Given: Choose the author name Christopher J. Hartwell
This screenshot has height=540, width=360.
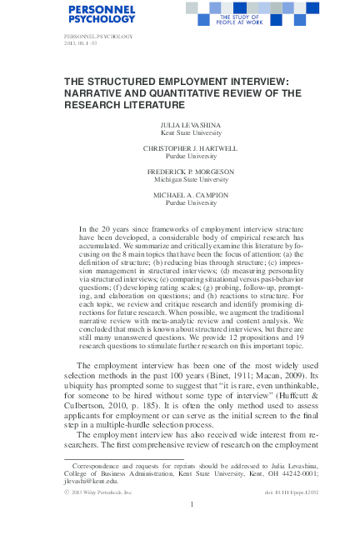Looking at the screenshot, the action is point(180,147).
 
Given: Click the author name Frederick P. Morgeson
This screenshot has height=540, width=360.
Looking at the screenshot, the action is point(180,171).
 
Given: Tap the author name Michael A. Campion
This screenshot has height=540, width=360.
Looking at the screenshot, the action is point(180,194).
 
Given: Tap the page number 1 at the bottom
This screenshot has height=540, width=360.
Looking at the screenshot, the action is point(192,503).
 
